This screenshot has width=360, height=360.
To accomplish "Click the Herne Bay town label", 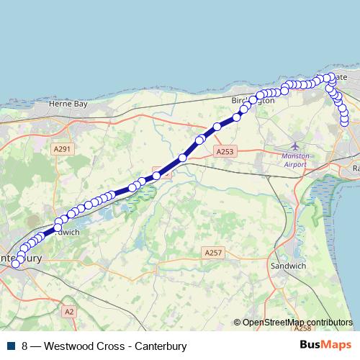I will point(67,104).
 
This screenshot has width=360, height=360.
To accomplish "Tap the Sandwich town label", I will point(282,266).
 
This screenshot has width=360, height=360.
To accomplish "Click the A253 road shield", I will point(225,152).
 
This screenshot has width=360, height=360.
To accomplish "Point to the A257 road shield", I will point(212,253).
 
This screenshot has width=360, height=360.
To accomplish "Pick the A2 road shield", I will point(68,311).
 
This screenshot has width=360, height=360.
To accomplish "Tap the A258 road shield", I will point(302,328).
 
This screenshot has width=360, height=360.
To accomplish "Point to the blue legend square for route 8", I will point(11,346).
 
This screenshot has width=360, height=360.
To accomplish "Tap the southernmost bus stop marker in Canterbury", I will point(15,265).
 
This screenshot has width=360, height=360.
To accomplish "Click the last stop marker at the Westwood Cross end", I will point(344,122).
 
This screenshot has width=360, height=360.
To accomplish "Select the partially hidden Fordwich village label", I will point(67,233).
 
